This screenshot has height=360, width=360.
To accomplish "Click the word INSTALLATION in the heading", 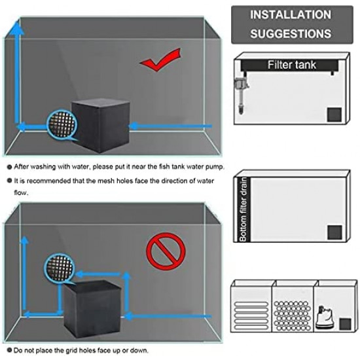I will [x=291, y=14].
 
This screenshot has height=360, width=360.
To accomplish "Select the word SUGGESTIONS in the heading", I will [x=291, y=32].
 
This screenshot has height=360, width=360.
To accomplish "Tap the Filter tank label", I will [x=292, y=65].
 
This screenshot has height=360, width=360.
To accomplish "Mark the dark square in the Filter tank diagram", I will [x=334, y=115].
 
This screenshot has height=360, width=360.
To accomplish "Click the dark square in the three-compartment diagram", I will [x=344, y=324].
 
